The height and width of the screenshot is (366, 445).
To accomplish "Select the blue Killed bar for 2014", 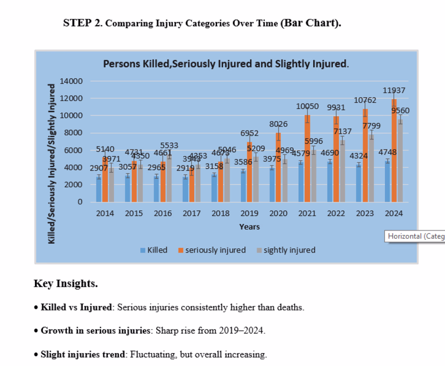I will tap(99, 189).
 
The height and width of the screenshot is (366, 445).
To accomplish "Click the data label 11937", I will tap(394, 91).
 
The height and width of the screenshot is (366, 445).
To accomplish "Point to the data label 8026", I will tap(278, 124).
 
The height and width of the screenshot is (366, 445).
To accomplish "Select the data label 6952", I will tap(249, 134).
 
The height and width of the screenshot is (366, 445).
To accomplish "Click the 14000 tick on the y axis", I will tap(72, 82).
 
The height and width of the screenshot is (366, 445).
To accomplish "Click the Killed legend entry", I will tap(153, 250).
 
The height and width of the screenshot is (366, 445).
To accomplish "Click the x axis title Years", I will tap(249, 227).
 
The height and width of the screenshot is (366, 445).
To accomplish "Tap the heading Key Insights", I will tap(66, 284).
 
